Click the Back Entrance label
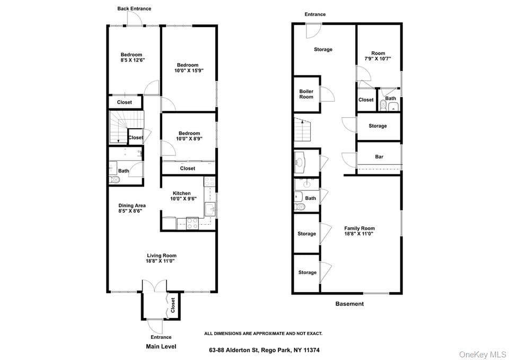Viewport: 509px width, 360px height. click(134, 9)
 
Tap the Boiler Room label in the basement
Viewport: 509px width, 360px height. click(306, 94)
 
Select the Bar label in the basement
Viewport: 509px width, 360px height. click(379, 157)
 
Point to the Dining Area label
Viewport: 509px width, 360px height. click(132, 206)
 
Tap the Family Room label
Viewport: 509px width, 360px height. click(359, 228)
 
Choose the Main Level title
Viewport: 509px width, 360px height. click(161, 347)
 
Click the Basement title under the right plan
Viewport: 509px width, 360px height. click(349, 304)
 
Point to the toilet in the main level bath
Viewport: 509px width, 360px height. click(114, 180)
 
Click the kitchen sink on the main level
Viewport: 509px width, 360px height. click(209, 209)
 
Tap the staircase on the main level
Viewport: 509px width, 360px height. click(126, 127)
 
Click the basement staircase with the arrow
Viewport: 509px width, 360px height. click(302, 129)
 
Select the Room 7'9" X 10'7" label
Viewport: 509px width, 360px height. click(378, 56)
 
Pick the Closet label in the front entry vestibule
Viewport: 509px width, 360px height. click(173, 305)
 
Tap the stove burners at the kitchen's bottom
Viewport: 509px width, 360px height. click(192, 223)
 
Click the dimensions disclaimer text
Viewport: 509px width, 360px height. click(264, 333)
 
